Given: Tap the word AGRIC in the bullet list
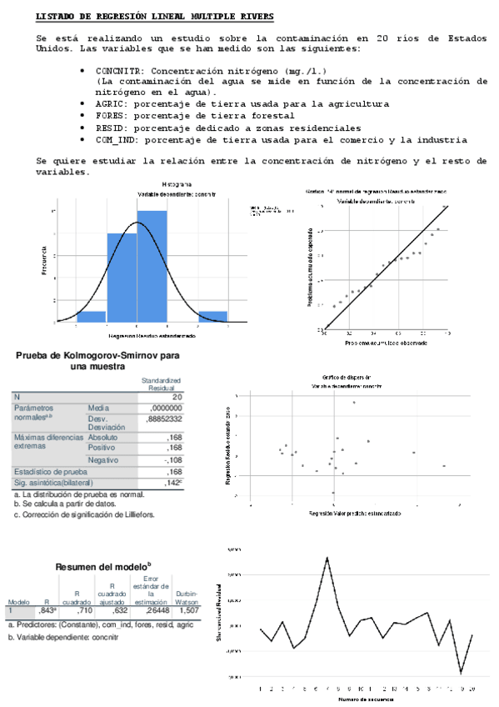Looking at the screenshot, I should [x=110, y=104].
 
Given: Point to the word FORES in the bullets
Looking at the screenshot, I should [x=110, y=116].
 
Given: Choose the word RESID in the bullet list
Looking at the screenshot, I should [x=110, y=128].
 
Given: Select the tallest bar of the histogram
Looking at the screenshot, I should [x=152, y=267].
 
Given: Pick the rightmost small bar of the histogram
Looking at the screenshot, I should [x=213, y=316].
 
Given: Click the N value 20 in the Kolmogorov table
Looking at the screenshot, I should [x=177, y=397].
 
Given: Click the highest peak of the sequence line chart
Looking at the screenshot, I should [x=327, y=557].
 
